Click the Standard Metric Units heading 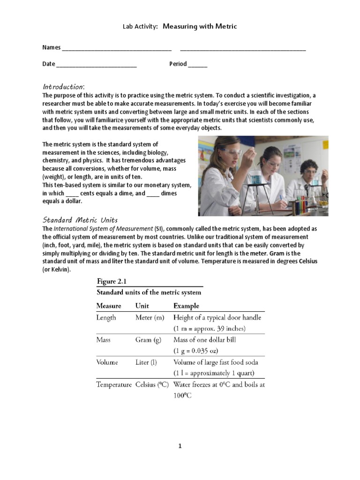pos(80,219)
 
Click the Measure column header pos(109,306)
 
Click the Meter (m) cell pos(150,318)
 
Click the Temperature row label pos(114,385)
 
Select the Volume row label pos(107,362)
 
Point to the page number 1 pos(180,446)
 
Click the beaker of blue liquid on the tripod pos(255,178)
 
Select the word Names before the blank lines pos(52,47)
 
